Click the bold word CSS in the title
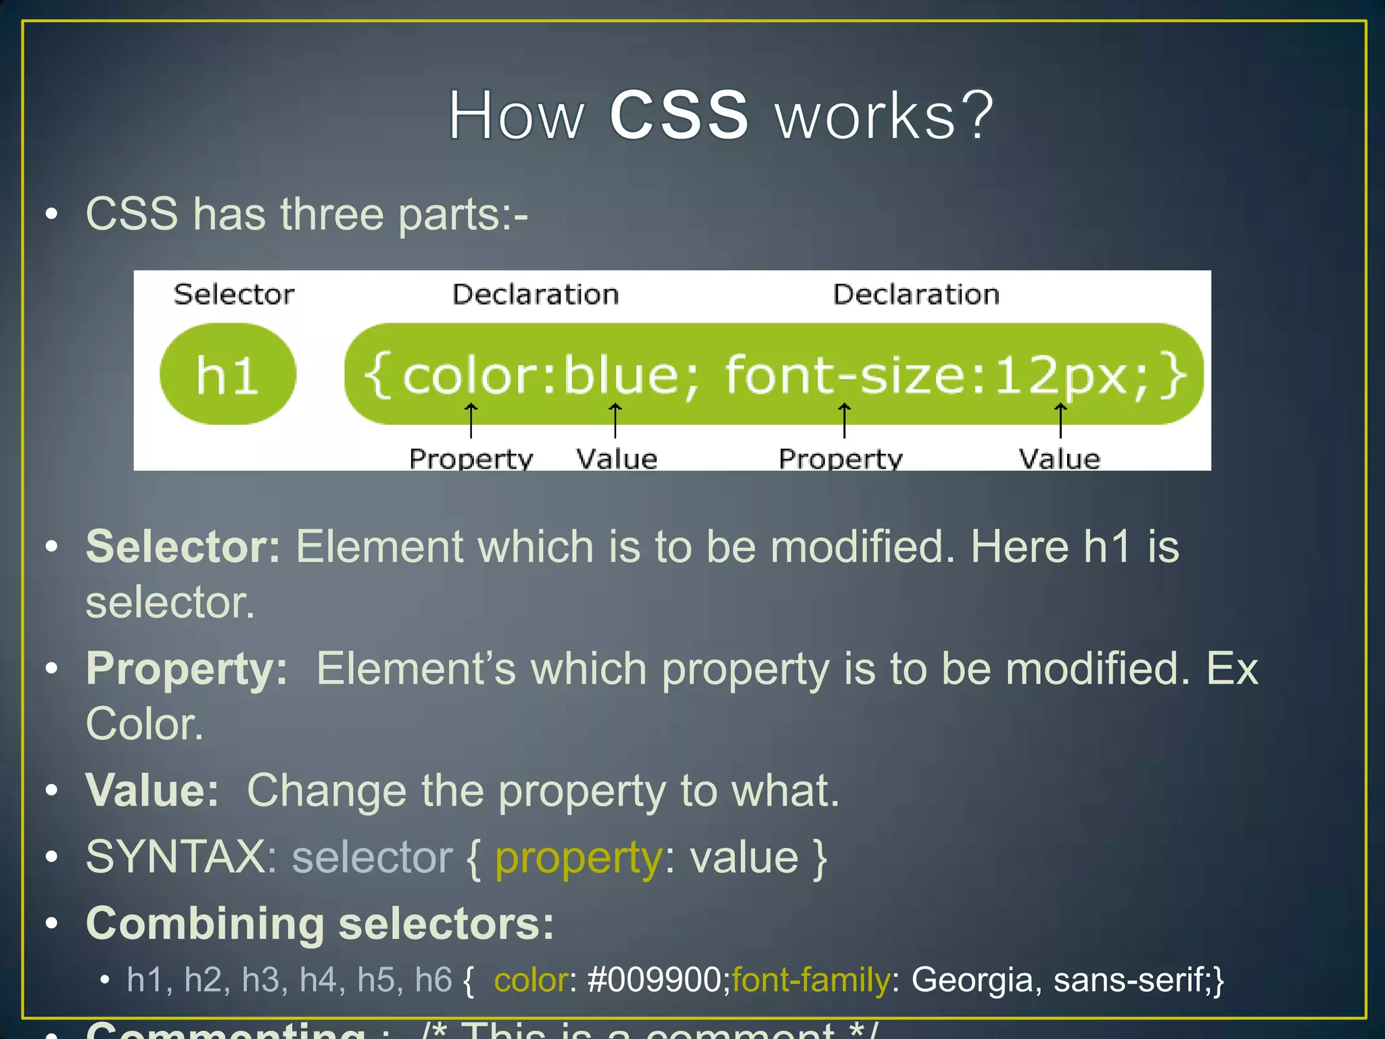click(679, 116)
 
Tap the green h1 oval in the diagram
click(228, 374)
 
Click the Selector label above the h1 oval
click(234, 294)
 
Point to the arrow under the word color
click(471, 419)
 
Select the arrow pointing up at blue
click(615, 419)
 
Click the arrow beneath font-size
click(844, 419)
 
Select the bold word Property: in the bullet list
click(187, 669)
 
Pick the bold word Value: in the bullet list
click(152, 790)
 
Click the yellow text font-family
click(811, 979)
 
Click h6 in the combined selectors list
click(433, 979)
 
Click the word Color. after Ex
click(144, 724)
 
